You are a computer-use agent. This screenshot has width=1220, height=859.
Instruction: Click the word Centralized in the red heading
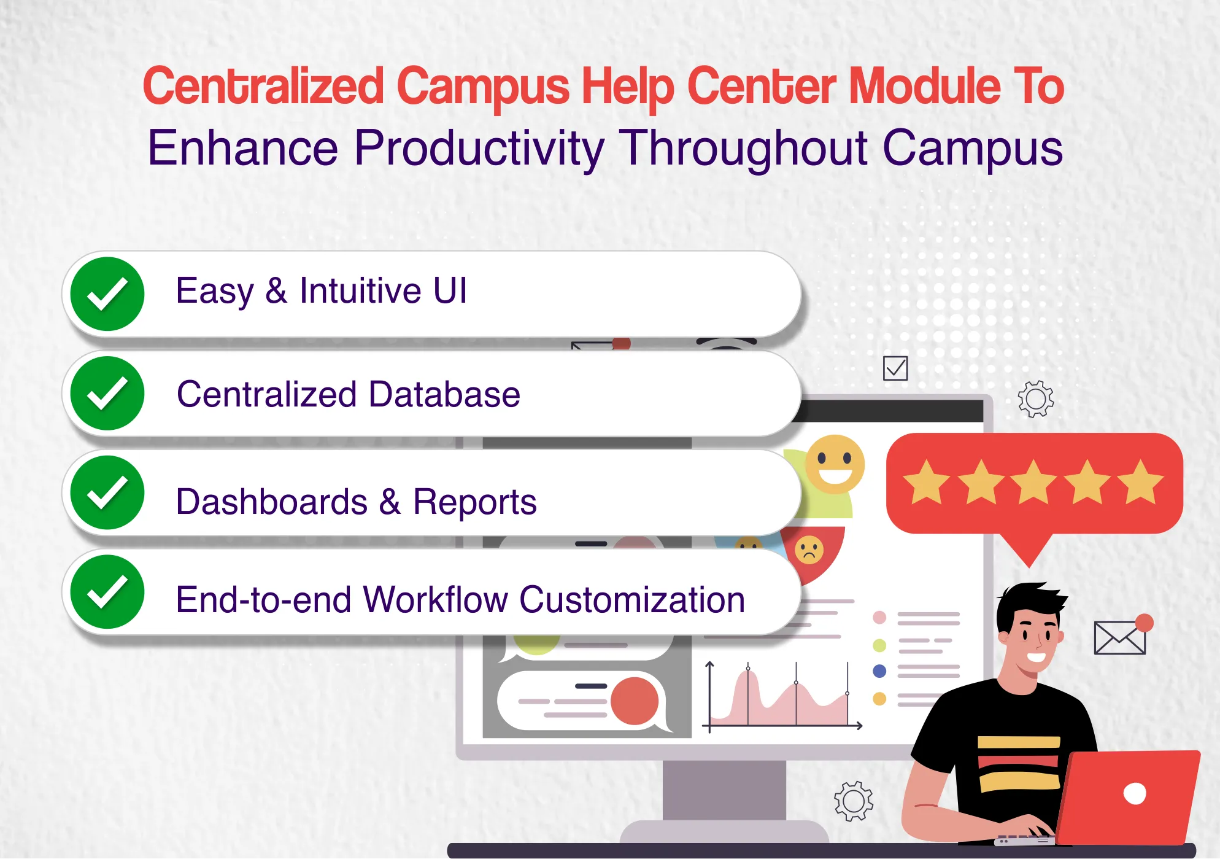tap(263, 86)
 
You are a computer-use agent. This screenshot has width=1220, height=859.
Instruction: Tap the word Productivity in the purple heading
tap(479, 148)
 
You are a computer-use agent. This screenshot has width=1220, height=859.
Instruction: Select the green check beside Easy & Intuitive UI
tap(107, 294)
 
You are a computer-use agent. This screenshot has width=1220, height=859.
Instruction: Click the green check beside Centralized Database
tap(107, 394)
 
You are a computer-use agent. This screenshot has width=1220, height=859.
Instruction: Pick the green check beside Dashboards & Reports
tap(107, 493)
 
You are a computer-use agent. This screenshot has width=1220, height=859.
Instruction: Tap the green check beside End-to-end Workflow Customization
tap(107, 592)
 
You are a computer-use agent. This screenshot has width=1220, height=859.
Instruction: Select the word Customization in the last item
tap(631, 600)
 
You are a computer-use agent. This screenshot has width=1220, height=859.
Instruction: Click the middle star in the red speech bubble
tap(1033, 483)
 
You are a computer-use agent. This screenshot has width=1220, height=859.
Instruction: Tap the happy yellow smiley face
tap(835, 464)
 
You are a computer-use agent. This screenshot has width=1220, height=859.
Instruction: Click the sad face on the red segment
tap(809, 550)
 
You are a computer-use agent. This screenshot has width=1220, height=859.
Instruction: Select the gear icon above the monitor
tap(1036, 399)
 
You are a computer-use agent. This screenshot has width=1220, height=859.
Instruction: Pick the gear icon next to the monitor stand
tap(854, 801)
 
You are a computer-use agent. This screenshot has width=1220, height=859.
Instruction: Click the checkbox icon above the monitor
tap(895, 368)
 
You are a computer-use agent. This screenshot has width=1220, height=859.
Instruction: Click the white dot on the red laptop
tap(1135, 793)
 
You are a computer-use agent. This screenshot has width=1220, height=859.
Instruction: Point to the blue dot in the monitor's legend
tap(879, 671)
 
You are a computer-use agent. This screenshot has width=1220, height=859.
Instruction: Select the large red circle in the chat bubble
tap(635, 701)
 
